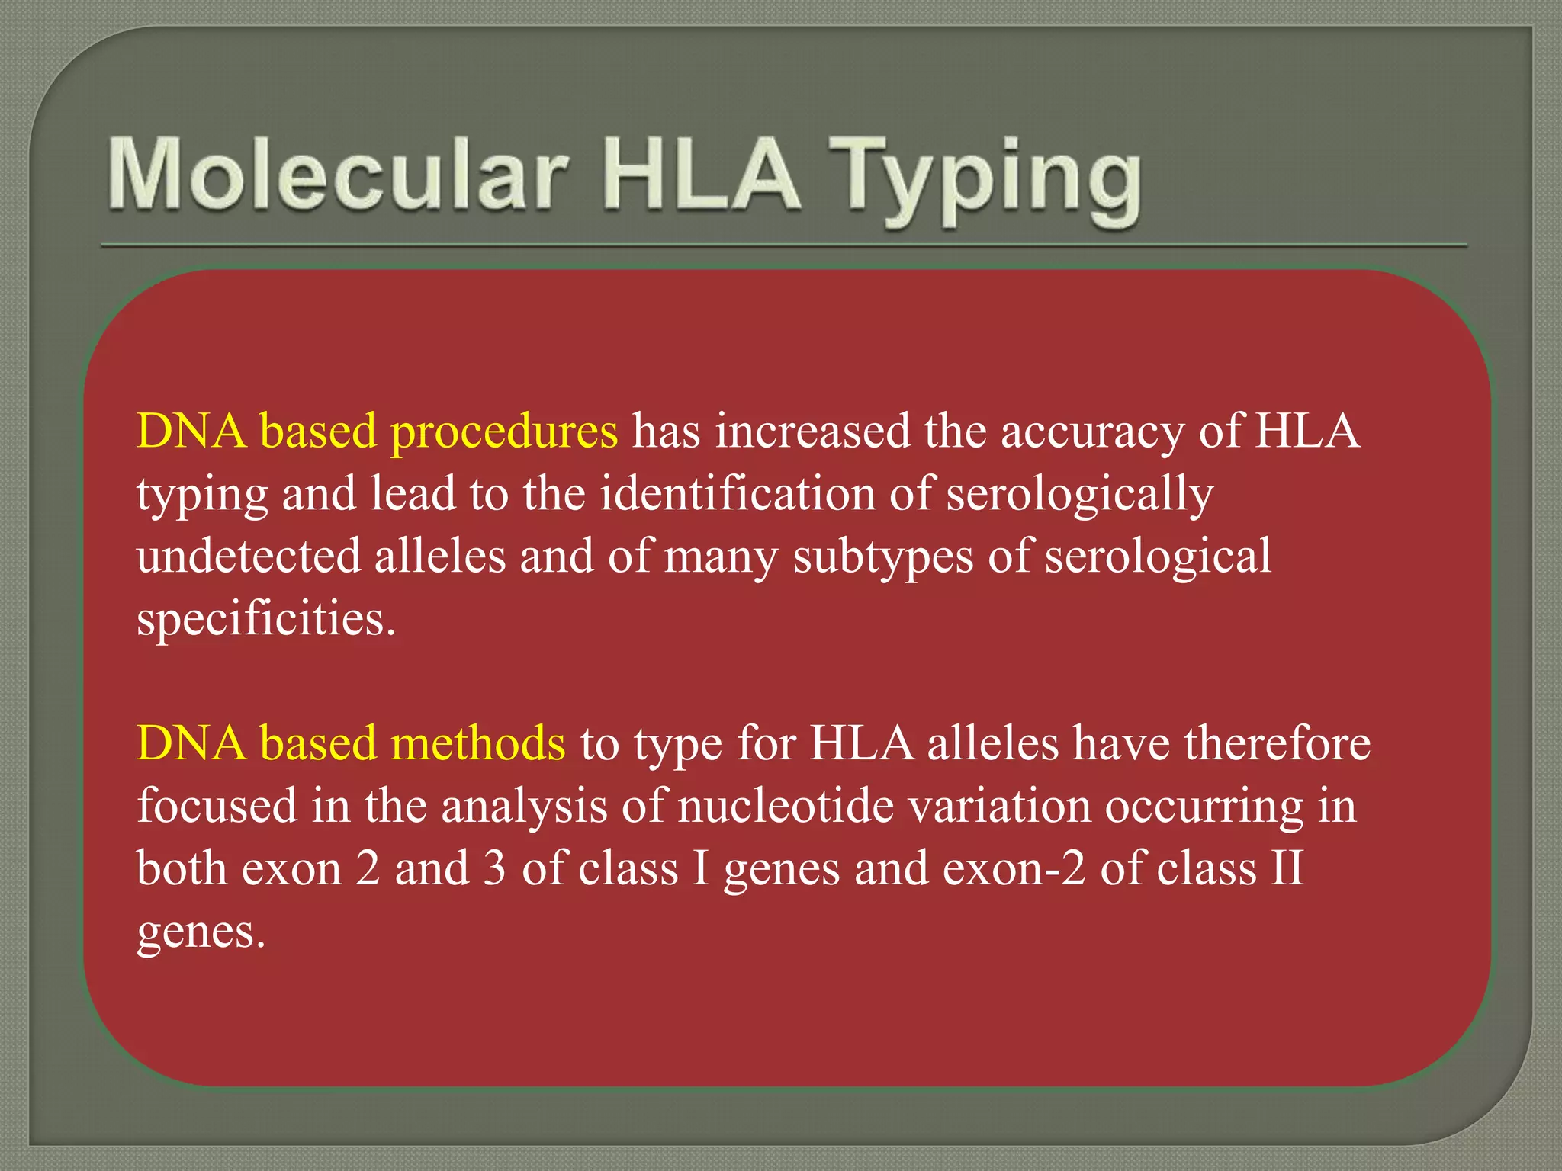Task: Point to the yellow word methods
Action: (477, 743)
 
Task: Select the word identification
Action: (737, 494)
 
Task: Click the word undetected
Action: (249, 556)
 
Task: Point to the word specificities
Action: (266, 619)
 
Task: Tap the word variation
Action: (999, 806)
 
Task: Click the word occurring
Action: (1204, 807)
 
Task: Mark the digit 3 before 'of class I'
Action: (494, 868)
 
